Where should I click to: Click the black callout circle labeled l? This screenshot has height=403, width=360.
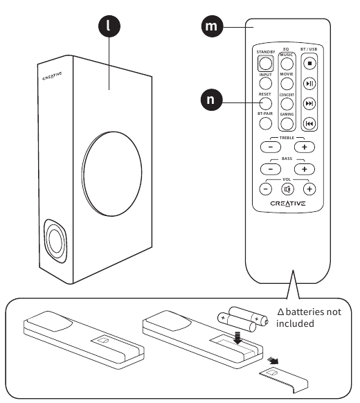coord(109,26)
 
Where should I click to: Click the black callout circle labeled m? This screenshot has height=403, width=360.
coord(212,26)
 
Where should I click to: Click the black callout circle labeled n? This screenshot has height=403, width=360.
coord(211,100)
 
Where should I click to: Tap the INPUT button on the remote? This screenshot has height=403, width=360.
coord(265,83)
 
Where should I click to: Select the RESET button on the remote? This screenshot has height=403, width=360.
coord(265,103)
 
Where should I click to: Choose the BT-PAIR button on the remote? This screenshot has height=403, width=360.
coord(265,123)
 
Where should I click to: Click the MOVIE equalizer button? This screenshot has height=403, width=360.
coord(287,83)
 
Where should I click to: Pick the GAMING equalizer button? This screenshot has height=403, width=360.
coord(287,124)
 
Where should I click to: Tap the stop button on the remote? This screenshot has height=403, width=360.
coord(309,63)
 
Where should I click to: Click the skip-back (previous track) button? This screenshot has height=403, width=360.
coord(309,124)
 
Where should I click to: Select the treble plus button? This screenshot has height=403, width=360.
coord(305,147)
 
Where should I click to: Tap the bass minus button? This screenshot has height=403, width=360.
coord(271,169)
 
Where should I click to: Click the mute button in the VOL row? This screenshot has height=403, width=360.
coord(287,190)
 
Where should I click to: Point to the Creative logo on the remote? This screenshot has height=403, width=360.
coord(288,204)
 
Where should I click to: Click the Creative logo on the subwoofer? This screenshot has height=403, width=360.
coord(52,76)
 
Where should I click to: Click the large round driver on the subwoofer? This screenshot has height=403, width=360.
coord(111,174)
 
